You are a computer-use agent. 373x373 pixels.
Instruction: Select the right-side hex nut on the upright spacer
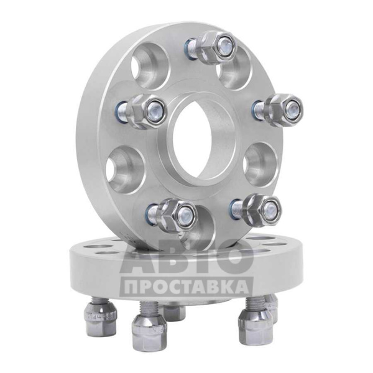[x=283, y=109]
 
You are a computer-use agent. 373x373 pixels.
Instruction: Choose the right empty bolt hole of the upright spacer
[x=261, y=164]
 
